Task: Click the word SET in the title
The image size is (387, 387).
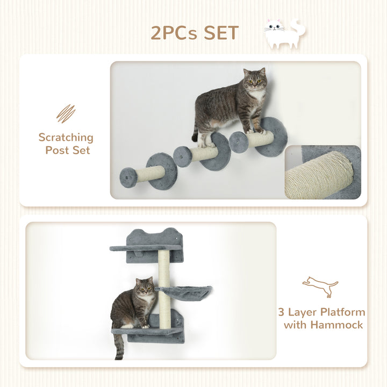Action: coord(215,33)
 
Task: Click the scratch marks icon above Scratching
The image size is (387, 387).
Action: coord(66,113)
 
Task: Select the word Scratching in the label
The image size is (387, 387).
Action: coord(66,138)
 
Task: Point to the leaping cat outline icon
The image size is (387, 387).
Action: coord(320,286)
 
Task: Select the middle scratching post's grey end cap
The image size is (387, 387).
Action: coord(182,156)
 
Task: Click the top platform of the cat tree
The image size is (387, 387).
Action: coord(145,248)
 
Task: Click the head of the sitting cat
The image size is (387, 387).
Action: coord(144,289)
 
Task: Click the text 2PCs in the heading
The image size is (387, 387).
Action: coord(170,33)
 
